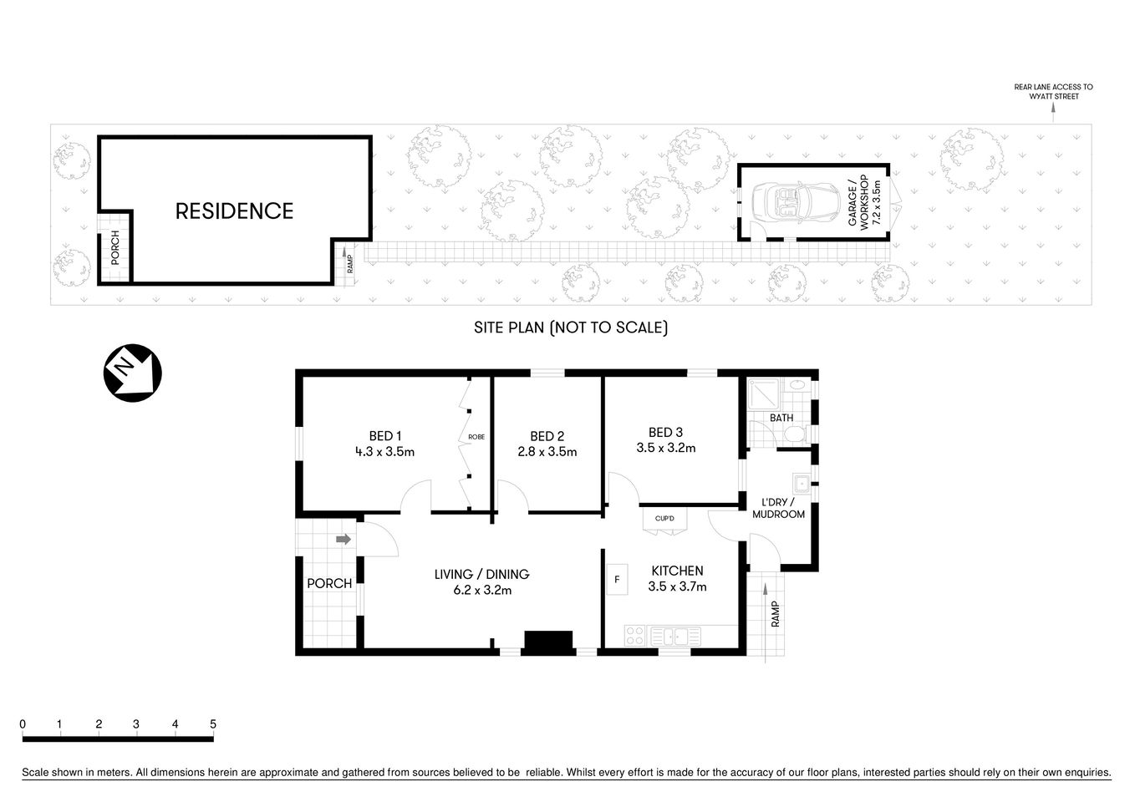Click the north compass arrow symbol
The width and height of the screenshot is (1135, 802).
pos(131,373)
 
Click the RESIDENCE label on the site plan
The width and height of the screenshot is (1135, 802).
pos(234,211)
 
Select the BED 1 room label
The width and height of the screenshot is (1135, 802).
pos(385,435)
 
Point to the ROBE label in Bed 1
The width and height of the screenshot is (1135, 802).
pos(476,437)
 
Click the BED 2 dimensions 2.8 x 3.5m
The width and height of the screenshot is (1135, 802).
pos(547,452)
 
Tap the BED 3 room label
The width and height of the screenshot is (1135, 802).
pos(665,432)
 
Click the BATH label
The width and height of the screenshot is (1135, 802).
pos(781,418)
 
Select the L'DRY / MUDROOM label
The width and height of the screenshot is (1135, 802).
pos(778,508)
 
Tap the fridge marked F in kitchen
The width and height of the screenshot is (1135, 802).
pos(617,579)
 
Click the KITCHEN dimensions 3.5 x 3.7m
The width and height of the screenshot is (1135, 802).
pos(677,586)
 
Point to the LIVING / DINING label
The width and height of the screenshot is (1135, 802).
pos(481,574)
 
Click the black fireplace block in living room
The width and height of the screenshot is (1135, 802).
pos(547,641)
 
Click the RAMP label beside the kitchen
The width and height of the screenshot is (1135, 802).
pos(775,615)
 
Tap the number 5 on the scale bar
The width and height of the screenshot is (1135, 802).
pos(213,724)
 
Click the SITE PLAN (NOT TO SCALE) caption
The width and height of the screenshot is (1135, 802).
pos(571,327)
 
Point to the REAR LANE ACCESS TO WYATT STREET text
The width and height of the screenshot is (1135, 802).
pos(1053,92)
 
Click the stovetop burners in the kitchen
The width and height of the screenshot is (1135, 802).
pos(635,636)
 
